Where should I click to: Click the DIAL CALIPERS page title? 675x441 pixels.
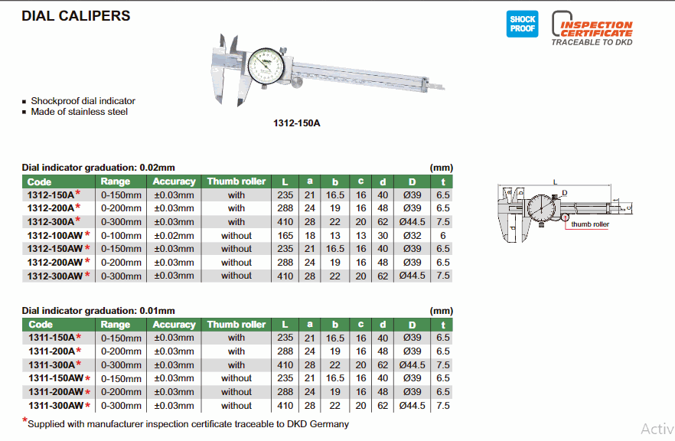pyautogui.click(x=76, y=16)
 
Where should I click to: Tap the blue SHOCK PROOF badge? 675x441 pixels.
pyautogui.click(x=522, y=24)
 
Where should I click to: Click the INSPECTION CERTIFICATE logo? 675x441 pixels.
pyautogui.click(x=592, y=28)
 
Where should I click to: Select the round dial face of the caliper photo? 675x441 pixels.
pyautogui.click(x=266, y=67)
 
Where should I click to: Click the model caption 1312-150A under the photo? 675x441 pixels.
pyautogui.click(x=297, y=123)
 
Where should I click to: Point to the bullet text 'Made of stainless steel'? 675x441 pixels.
pyautogui.click(x=80, y=112)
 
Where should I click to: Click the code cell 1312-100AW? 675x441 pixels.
pyautogui.click(x=54, y=236)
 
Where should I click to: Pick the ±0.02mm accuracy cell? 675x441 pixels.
pyautogui.click(x=174, y=236)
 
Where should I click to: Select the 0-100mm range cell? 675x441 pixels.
pyautogui.click(x=121, y=236)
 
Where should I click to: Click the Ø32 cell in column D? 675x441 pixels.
pyautogui.click(x=412, y=236)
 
